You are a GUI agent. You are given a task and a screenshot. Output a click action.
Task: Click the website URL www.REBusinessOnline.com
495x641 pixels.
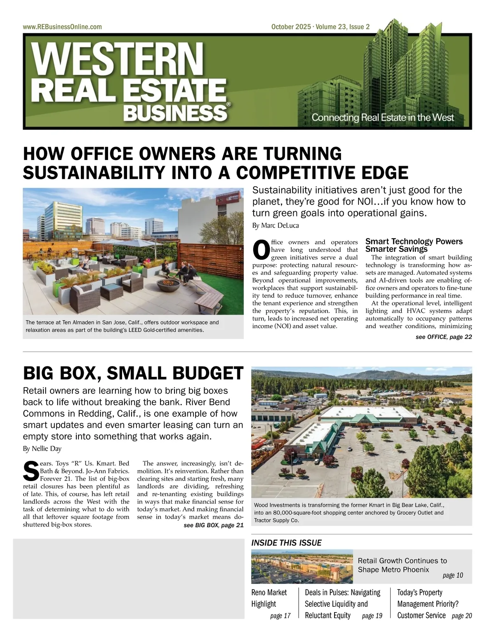[x=62, y=27]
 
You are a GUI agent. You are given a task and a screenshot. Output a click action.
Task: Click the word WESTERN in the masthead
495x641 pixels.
[x=118, y=59]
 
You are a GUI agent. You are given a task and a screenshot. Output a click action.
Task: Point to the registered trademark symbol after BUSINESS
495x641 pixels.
[x=229, y=105]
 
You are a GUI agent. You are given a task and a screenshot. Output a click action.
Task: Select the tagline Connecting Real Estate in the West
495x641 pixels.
[x=382, y=117]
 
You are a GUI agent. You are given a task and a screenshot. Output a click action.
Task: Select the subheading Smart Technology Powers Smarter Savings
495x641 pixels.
[x=414, y=245]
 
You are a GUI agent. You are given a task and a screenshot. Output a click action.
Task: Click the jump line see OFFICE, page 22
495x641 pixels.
[x=443, y=337]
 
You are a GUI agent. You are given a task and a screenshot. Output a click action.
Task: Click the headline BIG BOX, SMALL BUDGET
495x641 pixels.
[x=133, y=373]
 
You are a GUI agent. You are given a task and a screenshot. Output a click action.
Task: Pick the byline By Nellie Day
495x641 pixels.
[x=42, y=448]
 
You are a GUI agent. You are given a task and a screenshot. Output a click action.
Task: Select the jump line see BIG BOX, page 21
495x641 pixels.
[x=213, y=525]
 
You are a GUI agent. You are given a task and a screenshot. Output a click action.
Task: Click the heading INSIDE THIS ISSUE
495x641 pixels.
[x=286, y=543]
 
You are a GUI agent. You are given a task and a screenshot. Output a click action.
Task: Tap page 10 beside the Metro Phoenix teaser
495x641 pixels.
[x=453, y=575]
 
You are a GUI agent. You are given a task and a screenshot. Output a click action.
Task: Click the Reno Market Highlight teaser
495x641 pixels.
[x=269, y=598]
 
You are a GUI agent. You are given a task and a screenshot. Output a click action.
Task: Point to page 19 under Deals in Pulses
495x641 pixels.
[x=372, y=615]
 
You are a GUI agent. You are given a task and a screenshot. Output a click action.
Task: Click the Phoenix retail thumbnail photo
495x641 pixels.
[x=302, y=566]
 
